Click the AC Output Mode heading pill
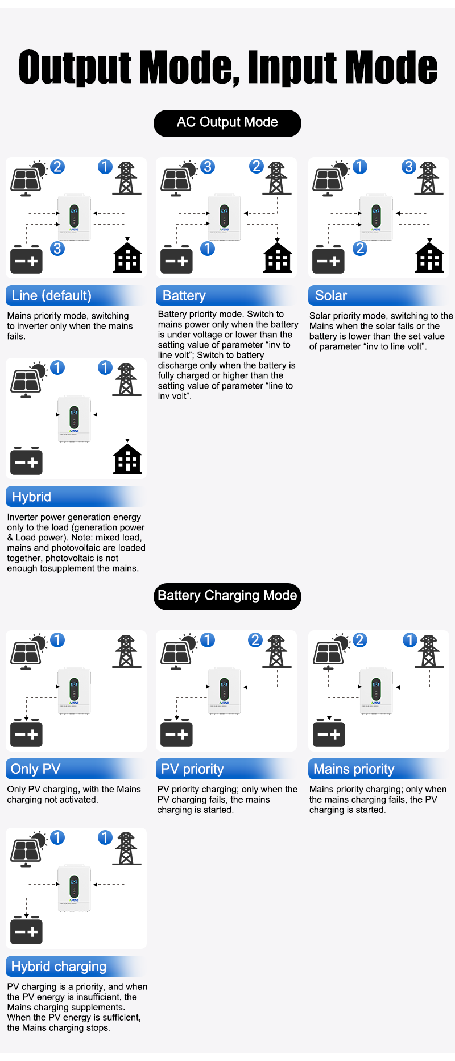tap(227, 123)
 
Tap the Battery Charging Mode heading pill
tap(227, 596)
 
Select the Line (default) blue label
tap(52, 296)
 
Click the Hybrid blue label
tap(32, 497)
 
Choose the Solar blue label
tap(331, 296)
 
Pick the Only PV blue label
tap(35, 769)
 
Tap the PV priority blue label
tap(192, 769)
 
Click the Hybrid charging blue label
tap(59, 967)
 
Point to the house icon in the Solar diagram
tap(429, 258)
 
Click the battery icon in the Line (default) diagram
tap(26, 260)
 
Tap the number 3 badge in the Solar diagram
tap(408, 167)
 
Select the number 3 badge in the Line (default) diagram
tap(57, 249)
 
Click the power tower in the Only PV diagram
tap(127, 651)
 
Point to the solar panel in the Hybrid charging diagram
tap(26, 851)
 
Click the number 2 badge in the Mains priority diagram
tap(359, 640)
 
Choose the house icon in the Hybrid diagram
tap(127, 459)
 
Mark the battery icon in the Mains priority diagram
tap(329, 733)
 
